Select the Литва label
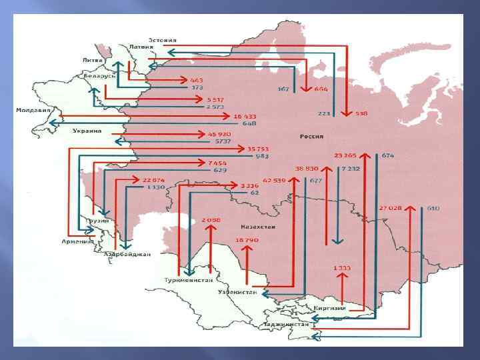(x=93, y=59)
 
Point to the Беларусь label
(x=101, y=76)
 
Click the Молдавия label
(x=33, y=109)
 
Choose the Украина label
(x=87, y=131)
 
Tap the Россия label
(x=311, y=136)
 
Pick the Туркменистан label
(x=185, y=280)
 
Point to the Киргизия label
(x=331, y=308)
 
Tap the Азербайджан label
(x=127, y=254)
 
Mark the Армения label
(x=78, y=241)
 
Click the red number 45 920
(x=219, y=134)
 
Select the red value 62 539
(x=274, y=180)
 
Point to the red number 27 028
(x=391, y=208)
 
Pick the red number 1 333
(x=342, y=268)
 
